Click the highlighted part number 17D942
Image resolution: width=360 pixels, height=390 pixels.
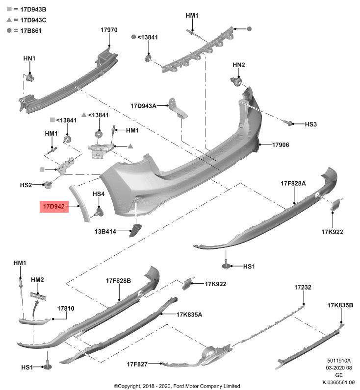53,207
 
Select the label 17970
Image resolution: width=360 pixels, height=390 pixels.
109,30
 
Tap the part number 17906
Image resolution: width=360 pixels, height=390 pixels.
281,145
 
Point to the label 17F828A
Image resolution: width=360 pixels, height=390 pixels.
293,183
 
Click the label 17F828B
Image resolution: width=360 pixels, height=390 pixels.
118,281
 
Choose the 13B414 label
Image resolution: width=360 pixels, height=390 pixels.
105,231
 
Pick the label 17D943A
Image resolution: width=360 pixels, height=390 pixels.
143,105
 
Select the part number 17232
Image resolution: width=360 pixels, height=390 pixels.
303,287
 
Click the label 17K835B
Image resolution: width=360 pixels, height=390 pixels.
340,305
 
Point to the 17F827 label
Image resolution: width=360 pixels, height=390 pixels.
137,364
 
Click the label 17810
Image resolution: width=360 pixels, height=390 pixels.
66,309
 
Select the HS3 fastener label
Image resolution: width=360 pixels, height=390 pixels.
311,124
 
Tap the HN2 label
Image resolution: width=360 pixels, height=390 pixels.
238,65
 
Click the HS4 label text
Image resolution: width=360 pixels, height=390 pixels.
99,194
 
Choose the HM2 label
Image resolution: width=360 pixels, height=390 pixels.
37,279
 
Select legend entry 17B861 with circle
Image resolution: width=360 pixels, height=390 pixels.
26,30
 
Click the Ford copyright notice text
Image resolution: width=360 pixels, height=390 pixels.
177,386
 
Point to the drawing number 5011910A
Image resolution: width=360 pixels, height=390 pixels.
339,360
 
